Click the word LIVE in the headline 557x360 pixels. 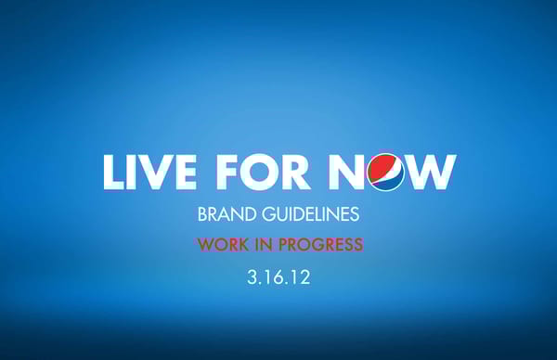(149, 173)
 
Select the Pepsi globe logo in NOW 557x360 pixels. (385, 173)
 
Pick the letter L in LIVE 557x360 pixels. (112, 173)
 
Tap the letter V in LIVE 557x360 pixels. (154, 173)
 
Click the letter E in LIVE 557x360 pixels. (186, 173)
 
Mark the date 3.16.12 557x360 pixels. (279, 276)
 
